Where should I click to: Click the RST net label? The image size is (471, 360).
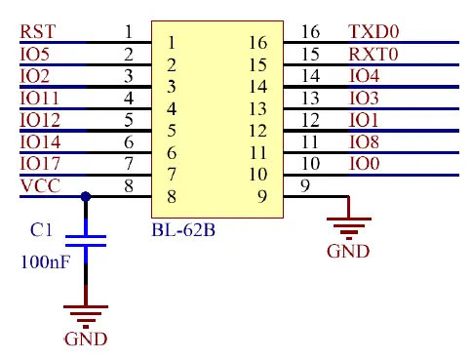pyautogui.click(x=37, y=31)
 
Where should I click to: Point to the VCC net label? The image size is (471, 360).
pyautogui.click(x=38, y=185)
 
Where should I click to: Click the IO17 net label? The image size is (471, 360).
pyautogui.click(x=40, y=163)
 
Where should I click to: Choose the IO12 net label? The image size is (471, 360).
pyautogui.click(x=40, y=119)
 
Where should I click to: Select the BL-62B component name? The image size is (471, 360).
pyautogui.click(x=183, y=230)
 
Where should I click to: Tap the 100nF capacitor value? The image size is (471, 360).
pyautogui.click(x=45, y=261)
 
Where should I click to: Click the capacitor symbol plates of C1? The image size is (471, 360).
pyautogui.click(x=87, y=241)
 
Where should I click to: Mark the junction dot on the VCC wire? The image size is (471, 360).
pyautogui.click(x=87, y=196)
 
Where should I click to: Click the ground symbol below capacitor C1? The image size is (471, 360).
pyautogui.click(x=86, y=313)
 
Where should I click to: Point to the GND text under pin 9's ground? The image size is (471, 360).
pyautogui.click(x=348, y=251)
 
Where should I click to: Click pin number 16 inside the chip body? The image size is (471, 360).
pyautogui.click(x=257, y=43)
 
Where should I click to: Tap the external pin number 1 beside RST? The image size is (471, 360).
pyautogui.click(x=129, y=31)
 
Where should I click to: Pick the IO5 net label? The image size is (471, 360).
pyautogui.click(x=34, y=54)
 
